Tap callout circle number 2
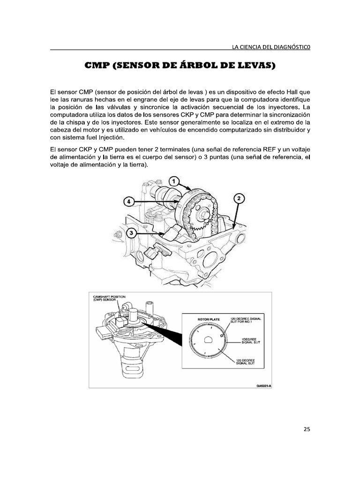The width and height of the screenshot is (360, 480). click(238, 198)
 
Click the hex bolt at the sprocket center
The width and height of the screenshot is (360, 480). click(204, 217)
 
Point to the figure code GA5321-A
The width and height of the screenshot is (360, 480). click(263, 386)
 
